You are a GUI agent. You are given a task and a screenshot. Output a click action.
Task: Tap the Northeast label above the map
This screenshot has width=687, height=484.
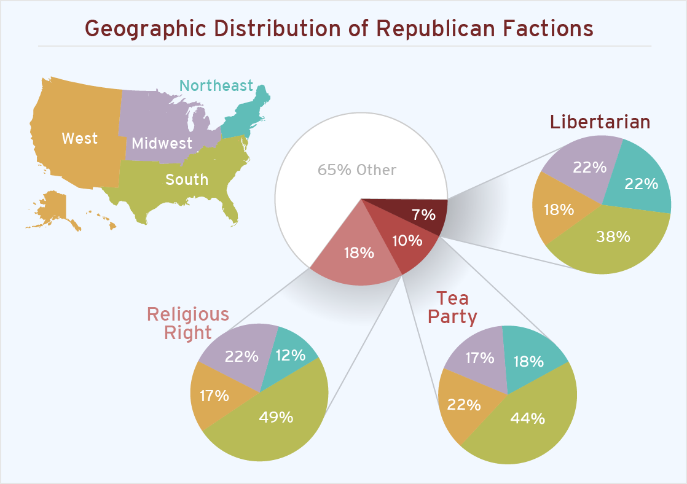click(x=216, y=85)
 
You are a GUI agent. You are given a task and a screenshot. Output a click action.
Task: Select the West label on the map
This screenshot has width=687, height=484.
click(x=79, y=138)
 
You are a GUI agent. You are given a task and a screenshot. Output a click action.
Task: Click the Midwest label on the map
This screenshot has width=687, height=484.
click(x=162, y=143)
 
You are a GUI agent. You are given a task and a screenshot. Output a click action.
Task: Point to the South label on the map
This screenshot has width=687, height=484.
click(x=187, y=179)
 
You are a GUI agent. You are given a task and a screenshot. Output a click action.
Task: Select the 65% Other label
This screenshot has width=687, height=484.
click(x=356, y=170)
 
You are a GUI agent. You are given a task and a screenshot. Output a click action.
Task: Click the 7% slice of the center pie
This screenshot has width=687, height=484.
click(x=424, y=214)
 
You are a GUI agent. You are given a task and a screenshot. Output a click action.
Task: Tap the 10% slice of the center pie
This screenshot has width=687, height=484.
click(x=407, y=240)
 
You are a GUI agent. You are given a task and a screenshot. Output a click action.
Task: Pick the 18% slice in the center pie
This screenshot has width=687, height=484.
click(x=359, y=252)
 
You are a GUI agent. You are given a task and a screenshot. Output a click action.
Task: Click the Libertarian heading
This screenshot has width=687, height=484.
click(x=600, y=122)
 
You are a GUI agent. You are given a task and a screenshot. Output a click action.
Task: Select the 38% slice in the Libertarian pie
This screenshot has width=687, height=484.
click(x=613, y=236)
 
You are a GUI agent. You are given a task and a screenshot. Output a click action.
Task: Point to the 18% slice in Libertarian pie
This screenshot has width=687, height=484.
click(x=559, y=209)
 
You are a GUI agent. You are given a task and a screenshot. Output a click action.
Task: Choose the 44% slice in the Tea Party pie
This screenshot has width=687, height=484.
click(x=527, y=418)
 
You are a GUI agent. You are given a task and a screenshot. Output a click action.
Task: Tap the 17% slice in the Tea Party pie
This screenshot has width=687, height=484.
click(x=478, y=357)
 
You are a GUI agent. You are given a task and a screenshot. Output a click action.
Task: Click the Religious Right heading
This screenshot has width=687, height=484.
click(x=187, y=323)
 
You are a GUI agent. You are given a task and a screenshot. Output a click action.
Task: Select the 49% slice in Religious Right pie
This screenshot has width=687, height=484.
click(x=276, y=418)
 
